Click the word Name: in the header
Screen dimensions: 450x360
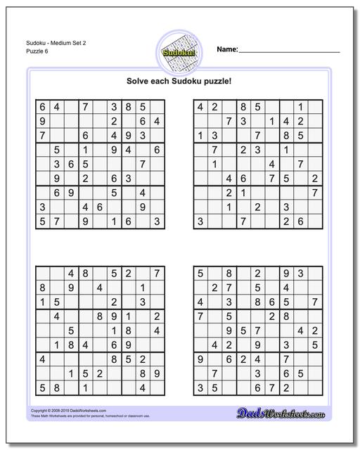(x=227, y=49)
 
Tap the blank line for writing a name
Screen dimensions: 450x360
(x=289, y=51)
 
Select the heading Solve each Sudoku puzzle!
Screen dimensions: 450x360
(x=180, y=82)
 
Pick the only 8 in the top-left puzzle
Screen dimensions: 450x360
(x=128, y=108)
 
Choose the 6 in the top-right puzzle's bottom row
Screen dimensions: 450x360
(x=300, y=221)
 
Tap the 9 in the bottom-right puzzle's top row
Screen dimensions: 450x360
(x=285, y=273)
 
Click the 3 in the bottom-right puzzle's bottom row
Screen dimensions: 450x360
(x=200, y=387)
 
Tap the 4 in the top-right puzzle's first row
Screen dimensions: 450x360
(x=200, y=108)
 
